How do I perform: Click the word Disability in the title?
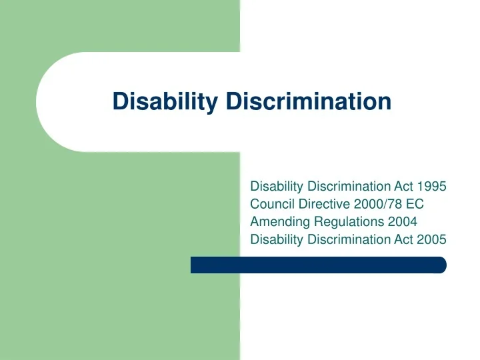tap(167, 101)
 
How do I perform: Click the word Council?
tap(271, 205)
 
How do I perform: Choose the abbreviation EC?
tap(415, 205)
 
